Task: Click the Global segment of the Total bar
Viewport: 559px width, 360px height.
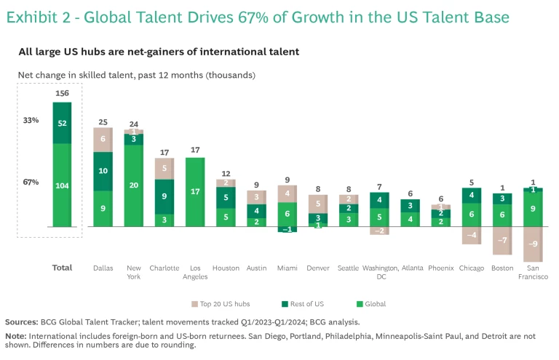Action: [62, 185]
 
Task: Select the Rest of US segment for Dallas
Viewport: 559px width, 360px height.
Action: [103, 171]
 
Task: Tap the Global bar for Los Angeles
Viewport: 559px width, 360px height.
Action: [195, 192]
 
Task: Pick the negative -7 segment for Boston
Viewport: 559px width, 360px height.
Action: [502, 241]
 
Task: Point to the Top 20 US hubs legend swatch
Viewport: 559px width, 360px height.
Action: [194, 304]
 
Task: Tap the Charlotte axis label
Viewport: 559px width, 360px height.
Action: [164, 268]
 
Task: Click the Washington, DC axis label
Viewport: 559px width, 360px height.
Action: [379, 272]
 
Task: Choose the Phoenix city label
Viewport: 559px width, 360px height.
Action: [441, 268]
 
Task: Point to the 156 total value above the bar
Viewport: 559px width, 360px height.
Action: [62, 93]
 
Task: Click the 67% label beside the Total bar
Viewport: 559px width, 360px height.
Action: [31, 182]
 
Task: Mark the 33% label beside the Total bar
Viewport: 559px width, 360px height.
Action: [31, 120]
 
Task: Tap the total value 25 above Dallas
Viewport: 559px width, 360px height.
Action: [103, 121]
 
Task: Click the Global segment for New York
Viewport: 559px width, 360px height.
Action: [133, 185]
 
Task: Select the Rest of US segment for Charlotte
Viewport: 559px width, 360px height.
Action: [164, 196]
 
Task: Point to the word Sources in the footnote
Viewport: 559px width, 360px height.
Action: [23, 321]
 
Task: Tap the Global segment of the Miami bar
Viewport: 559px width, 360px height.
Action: [288, 214]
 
